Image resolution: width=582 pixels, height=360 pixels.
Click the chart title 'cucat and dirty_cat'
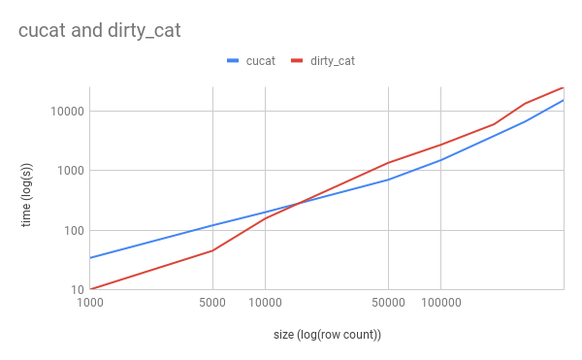(99, 31)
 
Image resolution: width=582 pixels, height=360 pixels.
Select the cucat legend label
(259, 61)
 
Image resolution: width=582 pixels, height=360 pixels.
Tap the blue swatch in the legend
(233, 61)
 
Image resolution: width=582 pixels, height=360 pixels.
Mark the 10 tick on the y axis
(74, 290)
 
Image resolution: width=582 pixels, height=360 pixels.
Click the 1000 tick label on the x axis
(90, 303)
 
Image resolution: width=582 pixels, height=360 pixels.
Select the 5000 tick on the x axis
(212, 303)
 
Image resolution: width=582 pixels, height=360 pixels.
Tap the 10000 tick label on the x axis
(266, 303)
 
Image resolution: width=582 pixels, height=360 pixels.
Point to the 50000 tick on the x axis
(388, 303)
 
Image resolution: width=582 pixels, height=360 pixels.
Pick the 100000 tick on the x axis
(441, 303)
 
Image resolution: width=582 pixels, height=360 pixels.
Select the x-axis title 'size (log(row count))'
(327, 336)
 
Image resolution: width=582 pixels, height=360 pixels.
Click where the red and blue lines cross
(299, 203)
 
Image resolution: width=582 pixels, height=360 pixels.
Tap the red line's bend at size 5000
(212, 250)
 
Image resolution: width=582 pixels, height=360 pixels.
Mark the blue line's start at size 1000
(90, 258)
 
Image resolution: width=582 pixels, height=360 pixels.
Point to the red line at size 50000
(388, 163)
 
